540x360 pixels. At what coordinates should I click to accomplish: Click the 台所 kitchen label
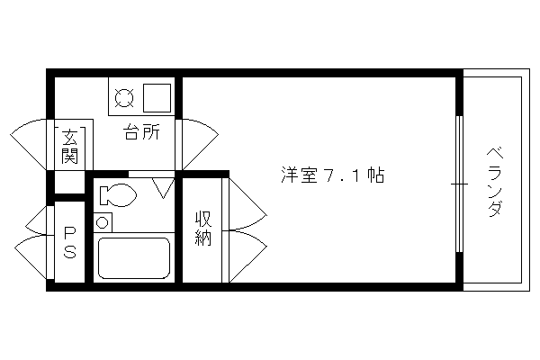(141, 132)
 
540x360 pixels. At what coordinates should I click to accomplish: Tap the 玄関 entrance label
(69, 147)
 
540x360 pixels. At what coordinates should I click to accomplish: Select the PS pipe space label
(69, 242)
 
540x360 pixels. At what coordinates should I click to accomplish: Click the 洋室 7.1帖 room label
(333, 175)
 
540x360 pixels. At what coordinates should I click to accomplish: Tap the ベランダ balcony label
(496, 182)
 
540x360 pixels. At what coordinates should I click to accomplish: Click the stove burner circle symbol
(124, 98)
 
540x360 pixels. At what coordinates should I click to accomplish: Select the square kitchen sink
(157, 98)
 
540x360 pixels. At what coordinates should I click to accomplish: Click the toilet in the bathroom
(117, 195)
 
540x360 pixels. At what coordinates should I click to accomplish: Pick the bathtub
(134, 257)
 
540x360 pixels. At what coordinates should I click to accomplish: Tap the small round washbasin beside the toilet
(102, 222)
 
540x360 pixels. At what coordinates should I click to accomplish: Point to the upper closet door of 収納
(247, 204)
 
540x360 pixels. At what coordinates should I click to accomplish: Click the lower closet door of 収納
(247, 256)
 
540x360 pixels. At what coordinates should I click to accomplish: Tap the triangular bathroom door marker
(163, 188)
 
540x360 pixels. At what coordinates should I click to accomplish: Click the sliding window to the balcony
(459, 184)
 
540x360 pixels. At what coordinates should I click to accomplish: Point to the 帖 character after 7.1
(375, 175)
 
